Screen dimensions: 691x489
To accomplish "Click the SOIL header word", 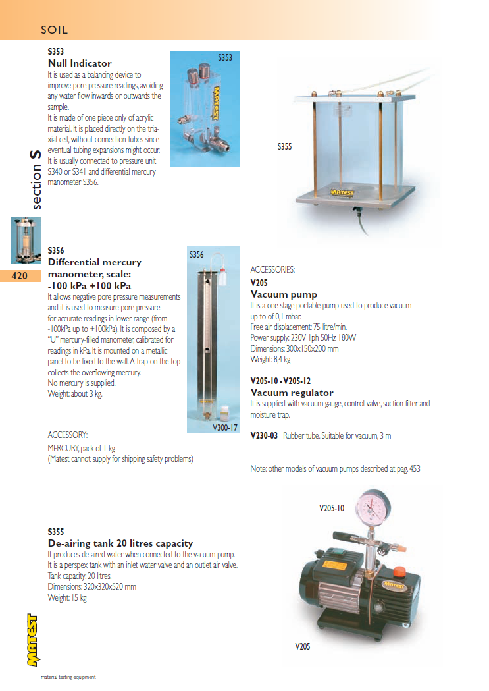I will tap(55, 30).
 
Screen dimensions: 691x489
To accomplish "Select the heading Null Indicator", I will tap(80, 63).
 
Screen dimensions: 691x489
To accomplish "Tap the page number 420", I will tap(20, 276).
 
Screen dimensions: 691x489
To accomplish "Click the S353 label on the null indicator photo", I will tap(225, 58).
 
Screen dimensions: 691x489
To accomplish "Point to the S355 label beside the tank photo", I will tap(284, 147).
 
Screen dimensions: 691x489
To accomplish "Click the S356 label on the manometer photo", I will tap(196, 254).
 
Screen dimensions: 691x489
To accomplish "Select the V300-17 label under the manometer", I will tap(225, 428).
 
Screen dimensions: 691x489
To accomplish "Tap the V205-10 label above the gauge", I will tap(332, 508).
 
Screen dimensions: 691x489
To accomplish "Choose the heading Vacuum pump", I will tap(284, 294).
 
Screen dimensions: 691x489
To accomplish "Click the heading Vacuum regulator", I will tap(292, 393).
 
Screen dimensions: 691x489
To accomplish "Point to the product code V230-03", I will tap(265, 436).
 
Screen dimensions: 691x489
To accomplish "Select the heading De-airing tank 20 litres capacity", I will tap(120, 543).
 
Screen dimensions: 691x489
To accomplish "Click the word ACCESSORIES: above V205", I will tap(272, 270).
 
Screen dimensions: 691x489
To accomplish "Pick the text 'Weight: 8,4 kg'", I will tap(270, 360).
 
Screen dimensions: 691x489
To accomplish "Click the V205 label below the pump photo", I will tap(302, 646).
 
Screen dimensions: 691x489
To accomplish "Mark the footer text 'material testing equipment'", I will tap(68, 677).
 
